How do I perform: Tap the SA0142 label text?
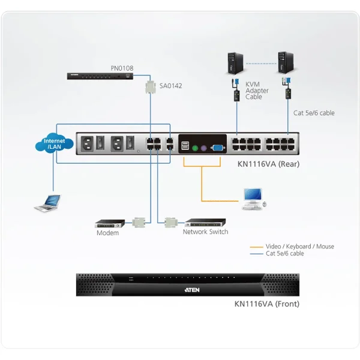point(170,86)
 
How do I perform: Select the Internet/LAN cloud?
point(54,144)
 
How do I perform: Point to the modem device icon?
point(110,222)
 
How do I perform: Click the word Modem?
point(108,233)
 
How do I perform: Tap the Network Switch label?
point(205,232)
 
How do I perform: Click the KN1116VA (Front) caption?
point(267,304)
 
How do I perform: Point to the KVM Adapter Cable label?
point(257,91)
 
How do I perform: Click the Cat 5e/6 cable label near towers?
point(314,112)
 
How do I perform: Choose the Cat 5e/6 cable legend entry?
point(284,254)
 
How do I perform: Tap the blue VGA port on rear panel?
point(217,146)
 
